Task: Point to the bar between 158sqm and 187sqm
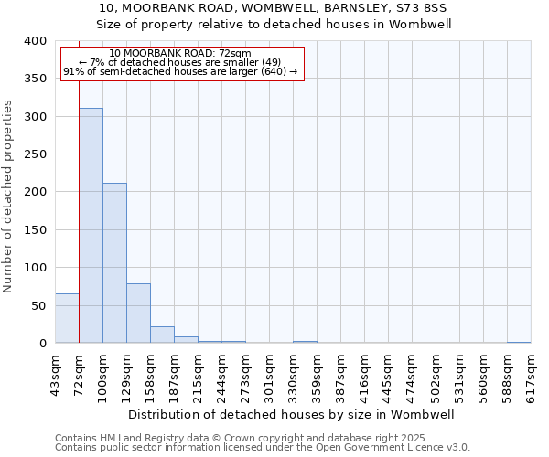tap(162, 335)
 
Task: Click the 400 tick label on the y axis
tap(35, 41)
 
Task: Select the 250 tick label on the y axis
tap(35, 154)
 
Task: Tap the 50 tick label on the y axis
tap(38, 305)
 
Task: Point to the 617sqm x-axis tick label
tap(531, 376)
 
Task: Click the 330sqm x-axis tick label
tap(293, 376)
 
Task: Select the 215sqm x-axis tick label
tap(198, 376)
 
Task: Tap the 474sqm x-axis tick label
tap(412, 376)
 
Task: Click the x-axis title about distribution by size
tap(293, 414)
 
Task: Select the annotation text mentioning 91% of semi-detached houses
tap(180, 71)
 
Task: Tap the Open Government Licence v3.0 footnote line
tap(263, 447)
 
